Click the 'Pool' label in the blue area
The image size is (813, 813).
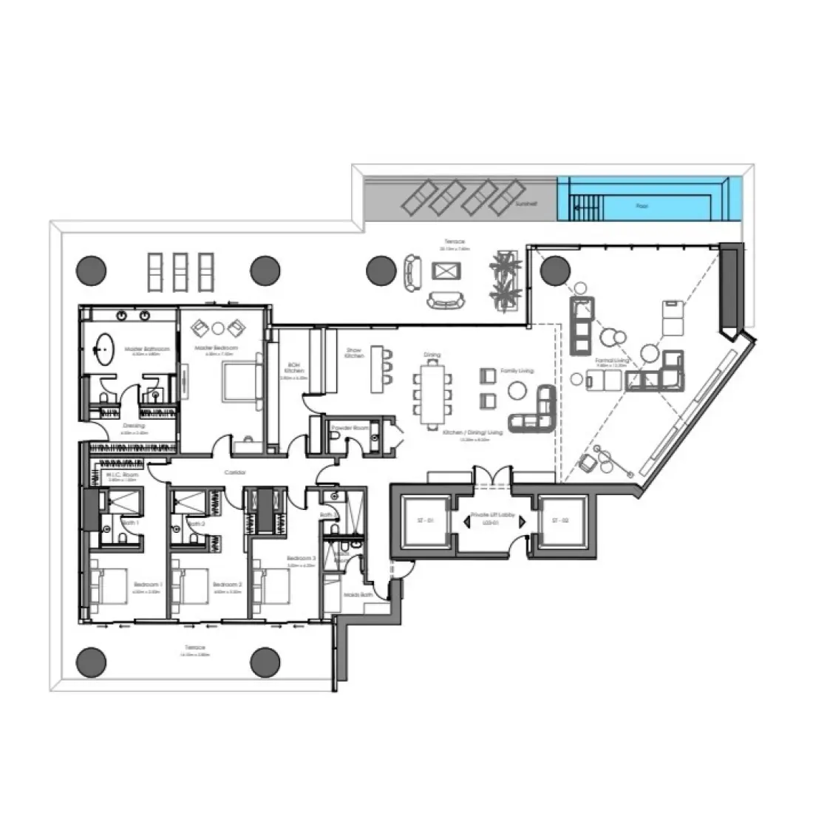point(642,206)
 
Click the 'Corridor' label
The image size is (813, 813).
point(236,472)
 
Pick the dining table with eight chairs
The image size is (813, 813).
point(432,395)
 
